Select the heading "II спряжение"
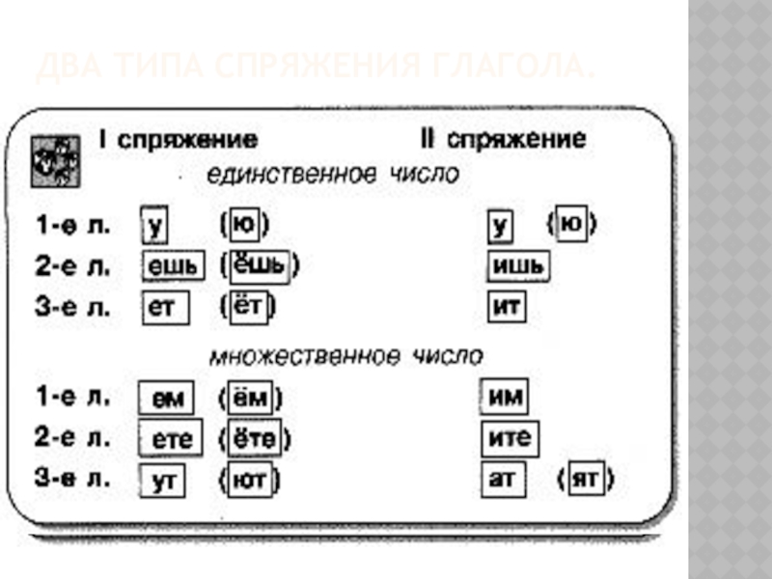pyautogui.click(x=502, y=139)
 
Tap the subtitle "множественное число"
pyautogui.click(x=345, y=356)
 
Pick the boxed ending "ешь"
pyautogui.click(x=175, y=266)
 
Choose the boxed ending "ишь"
pyautogui.click(x=517, y=265)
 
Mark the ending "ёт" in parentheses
pyautogui.click(x=250, y=308)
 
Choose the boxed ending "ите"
pyautogui.click(x=510, y=439)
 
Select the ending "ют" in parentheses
pyautogui.click(x=250, y=480)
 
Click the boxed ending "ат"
pyautogui.click(x=503, y=480)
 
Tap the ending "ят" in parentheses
pyautogui.click(x=586, y=480)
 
